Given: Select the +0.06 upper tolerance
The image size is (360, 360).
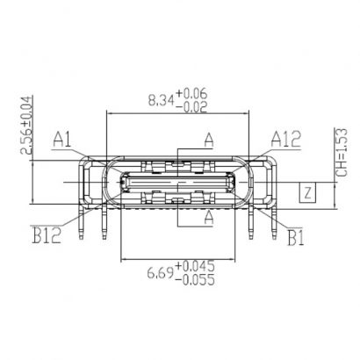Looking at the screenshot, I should tap(194, 92).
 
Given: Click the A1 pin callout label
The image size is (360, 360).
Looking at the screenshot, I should tap(61, 138).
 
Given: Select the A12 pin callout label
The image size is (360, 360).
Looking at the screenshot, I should tap(285, 137).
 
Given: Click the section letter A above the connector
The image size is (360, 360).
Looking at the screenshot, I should tap(208, 140).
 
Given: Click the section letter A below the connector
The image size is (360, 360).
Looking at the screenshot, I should tap(208, 213).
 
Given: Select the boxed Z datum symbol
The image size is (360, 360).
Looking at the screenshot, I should tap(306, 193).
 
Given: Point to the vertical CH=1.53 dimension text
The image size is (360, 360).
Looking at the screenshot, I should tap(343, 149).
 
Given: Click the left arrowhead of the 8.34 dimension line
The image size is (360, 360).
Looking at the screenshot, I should tap(110, 112).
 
